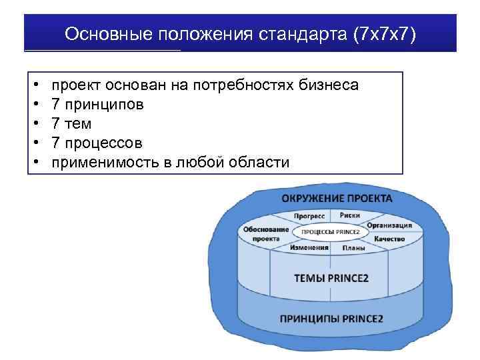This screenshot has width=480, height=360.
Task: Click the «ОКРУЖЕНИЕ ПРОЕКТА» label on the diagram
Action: pos(336,199)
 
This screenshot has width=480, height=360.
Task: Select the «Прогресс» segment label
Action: pos(309,216)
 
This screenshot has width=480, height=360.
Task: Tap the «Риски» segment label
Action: pos(351,215)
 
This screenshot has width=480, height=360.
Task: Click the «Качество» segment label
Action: pos(389,239)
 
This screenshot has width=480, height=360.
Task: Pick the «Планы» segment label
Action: pos(353,248)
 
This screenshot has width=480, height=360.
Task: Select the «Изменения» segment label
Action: pos(309,247)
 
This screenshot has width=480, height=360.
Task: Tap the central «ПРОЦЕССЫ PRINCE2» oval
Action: pos(332,231)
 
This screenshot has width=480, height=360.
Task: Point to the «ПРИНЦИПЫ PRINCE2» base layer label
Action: pos(331,318)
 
